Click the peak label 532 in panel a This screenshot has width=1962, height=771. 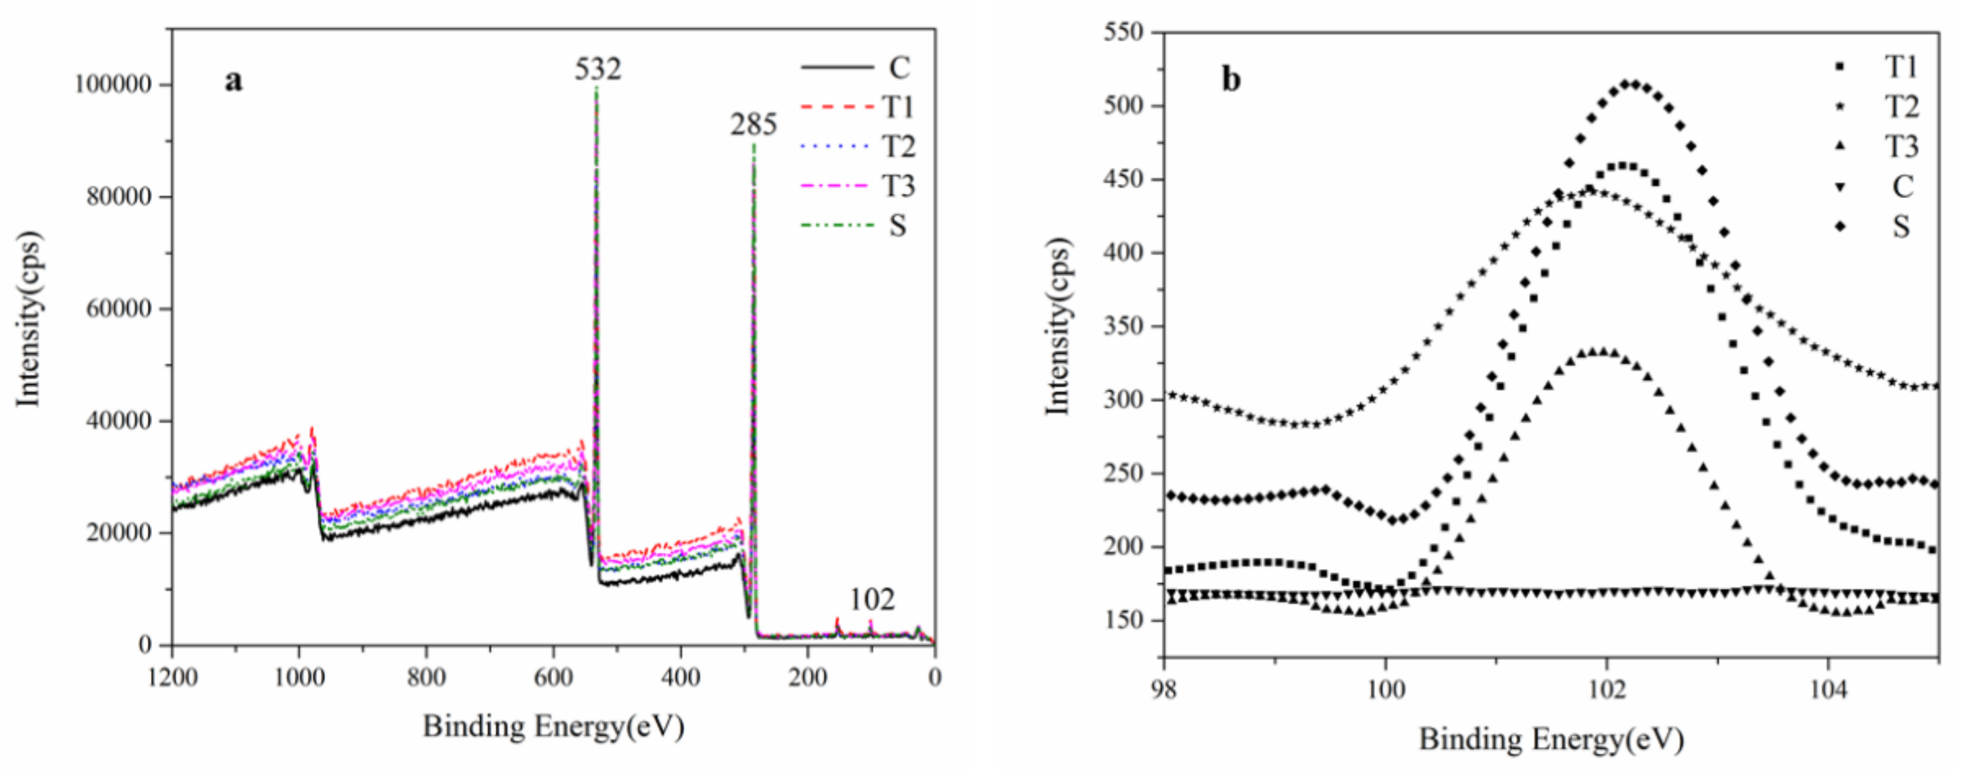(x=598, y=69)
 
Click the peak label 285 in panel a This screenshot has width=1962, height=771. (x=753, y=124)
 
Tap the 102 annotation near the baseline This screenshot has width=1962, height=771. (x=872, y=600)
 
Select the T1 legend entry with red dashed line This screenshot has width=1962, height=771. (x=859, y=108)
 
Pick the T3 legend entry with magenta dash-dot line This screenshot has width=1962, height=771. (x=859, y=186)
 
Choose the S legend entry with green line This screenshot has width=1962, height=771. (x=859, y=225)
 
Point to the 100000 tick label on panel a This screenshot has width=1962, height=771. (x=113, y=84)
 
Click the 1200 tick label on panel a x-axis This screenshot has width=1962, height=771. (x=173, y=677)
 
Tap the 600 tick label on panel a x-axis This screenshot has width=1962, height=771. (x=553, y=677)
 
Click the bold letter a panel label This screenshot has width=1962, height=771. (x=234, y=80)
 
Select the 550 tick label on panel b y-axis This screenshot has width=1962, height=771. (x=1123, y=33)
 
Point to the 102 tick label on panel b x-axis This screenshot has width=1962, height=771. (x=1606, y=690)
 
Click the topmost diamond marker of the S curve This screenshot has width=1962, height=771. (x=1630, y=84)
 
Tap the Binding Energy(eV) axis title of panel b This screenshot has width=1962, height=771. (x=1551, y=738)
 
